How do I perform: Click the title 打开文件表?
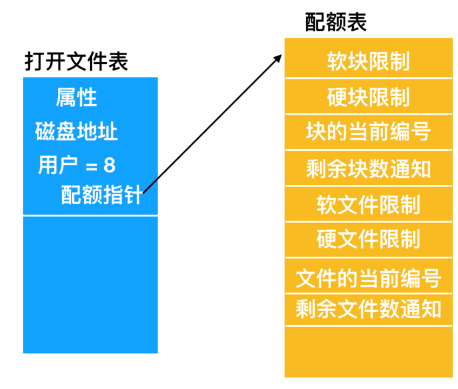click(x=76, y=62)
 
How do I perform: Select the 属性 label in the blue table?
click(x=76, y=98)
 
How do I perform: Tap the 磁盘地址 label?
click(x=76, y=131)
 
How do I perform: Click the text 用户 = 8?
click(x=76, y=165)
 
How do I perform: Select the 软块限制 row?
click(x=368, y=61)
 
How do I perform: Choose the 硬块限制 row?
click(x=368, y=97)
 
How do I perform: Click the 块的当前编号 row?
click(x=368, y=132)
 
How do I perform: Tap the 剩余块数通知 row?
click(x=368, y=169)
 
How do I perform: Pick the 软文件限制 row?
click(x=368, y=204)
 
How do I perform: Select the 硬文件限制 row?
click(x=368, y=238)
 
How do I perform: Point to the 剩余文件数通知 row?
click(x=368, y=310)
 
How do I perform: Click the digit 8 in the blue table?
click(x=110, y=165)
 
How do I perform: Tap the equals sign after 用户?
click(x=92, y=166)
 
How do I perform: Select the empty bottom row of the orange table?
click(x=368, y=351)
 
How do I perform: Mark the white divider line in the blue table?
click(x=90, y=216)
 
